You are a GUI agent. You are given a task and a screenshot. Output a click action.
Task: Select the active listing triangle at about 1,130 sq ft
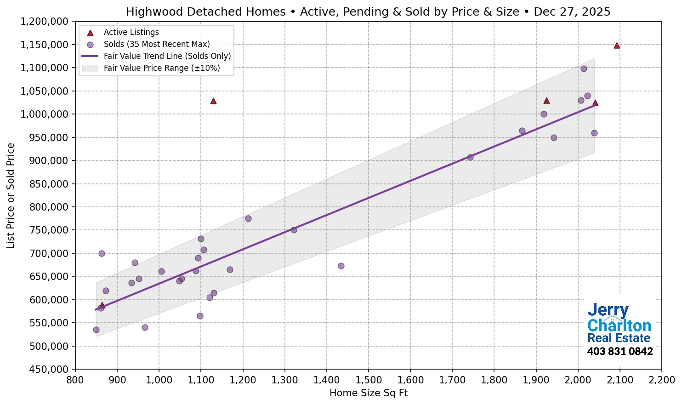pyautogui.click(x=213, y=101)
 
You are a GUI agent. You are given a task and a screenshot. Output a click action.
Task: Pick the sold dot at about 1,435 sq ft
pyautogui.click(x=341, y=266)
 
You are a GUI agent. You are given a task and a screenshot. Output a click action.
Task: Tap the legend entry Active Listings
pyautogui.click(x=131, y=32)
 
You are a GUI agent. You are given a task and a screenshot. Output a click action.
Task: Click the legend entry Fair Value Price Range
pyautogui.click(x=161, y=68)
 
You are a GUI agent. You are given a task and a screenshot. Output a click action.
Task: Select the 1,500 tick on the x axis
pyautogui.click(x=369, y=380)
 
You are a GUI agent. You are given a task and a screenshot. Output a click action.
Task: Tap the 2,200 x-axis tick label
pyautogui.click(x=662, y=380)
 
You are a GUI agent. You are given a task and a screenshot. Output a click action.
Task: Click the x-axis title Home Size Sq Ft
pyautogui.click(x=369, y=393)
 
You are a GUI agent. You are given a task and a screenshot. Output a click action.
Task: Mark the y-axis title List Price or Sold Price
pyautogui.click(x=11, y=196)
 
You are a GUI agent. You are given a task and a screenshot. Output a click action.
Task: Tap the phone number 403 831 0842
pyautogui.click(x=619, y=352)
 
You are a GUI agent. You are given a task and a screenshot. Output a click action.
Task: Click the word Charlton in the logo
pyautogui.click(x=619, y=326)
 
